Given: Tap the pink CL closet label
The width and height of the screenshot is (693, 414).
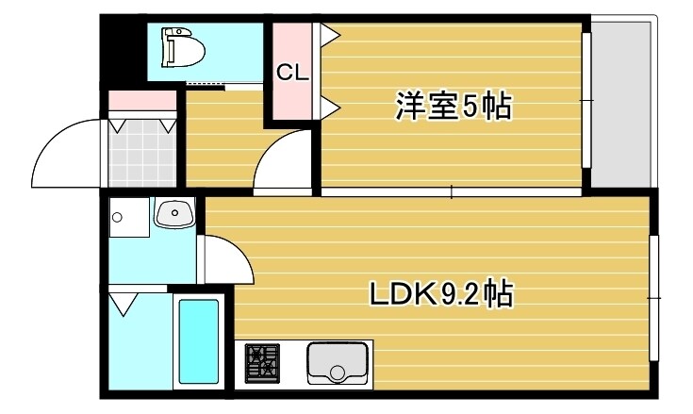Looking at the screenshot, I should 292,73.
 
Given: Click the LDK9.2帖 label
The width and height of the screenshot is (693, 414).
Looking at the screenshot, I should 439,295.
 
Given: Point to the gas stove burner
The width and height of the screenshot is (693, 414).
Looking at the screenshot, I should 263,363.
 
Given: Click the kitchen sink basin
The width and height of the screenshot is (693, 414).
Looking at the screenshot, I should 337,363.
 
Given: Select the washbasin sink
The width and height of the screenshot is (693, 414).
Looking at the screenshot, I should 173,215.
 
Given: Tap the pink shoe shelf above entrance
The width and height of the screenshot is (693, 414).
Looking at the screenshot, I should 141,99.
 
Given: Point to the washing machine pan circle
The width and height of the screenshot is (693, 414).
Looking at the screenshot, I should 117,218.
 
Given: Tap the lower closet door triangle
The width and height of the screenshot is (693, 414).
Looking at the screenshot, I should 330,107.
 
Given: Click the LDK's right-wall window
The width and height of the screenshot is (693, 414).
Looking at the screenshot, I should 653,298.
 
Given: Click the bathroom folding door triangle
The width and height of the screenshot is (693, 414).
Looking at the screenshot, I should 124,303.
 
